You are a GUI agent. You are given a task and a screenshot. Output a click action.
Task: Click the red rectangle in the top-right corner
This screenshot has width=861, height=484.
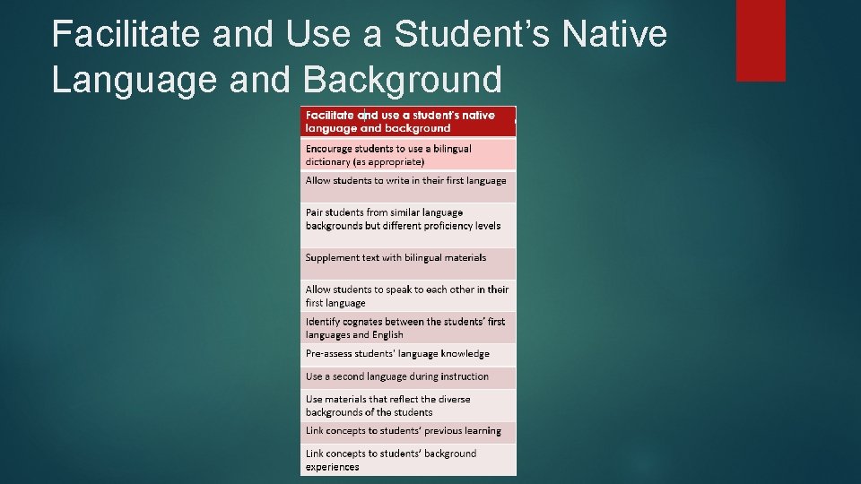point(761,40)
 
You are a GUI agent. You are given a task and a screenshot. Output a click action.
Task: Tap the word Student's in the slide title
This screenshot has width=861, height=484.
point(462,35)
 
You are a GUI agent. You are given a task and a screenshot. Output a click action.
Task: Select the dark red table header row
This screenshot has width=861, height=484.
point(408,122)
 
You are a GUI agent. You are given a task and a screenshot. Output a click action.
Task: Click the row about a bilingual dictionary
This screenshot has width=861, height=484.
point(408,155)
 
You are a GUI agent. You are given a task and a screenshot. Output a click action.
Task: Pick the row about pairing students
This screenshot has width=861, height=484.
point(408,220)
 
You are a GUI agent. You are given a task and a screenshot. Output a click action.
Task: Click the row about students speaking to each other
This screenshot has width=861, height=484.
point(408,296)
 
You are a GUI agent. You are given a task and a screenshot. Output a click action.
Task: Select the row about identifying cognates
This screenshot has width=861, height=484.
point(408,328)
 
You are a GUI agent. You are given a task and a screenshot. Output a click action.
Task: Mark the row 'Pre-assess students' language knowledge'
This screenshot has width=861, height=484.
point(408,354)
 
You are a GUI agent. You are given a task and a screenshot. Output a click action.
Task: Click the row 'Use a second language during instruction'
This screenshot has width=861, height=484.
point(408,377)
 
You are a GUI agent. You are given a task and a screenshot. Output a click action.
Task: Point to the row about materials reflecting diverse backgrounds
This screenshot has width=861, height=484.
point(408,405)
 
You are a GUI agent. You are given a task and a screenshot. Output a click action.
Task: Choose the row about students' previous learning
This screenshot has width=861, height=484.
point(408,431)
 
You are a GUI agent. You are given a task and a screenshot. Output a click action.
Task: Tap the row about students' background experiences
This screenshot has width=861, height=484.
point(408,460)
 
